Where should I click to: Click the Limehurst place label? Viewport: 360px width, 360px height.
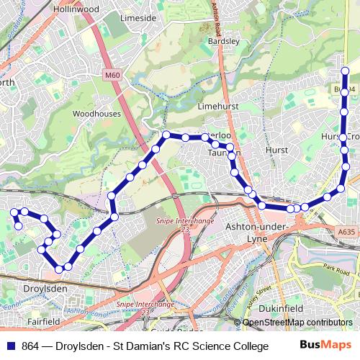pyautogui.click(x=217, y=106)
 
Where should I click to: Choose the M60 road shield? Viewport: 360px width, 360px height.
pyautogui.click(x=111, y=74)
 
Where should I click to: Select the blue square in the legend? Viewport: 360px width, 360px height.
pyautogui.click(x=10, y=346)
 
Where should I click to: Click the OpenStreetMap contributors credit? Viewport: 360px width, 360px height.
pyautogui.click(x=297, y=322)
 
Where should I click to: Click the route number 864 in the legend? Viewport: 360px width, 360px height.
pyautogui.click(x=31, y=346)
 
